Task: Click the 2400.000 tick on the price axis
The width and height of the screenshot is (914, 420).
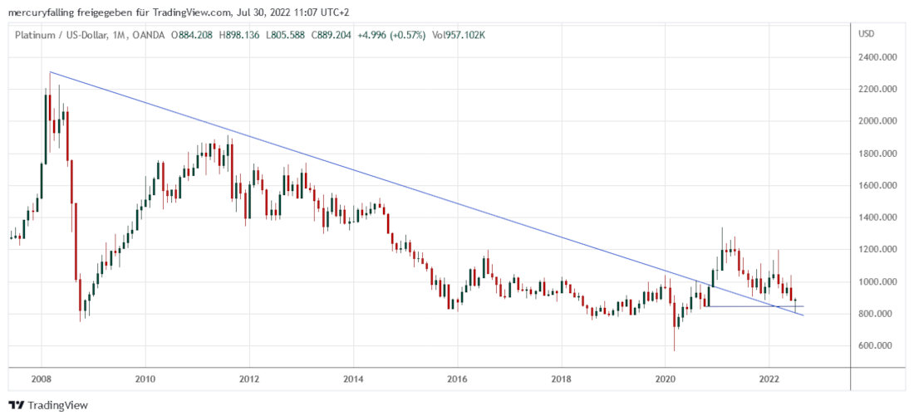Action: (877, 57)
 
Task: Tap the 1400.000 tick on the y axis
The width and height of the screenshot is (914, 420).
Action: (877, 217)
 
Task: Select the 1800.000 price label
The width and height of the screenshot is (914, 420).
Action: (877, 154)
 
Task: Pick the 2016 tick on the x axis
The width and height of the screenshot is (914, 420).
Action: (457, 378)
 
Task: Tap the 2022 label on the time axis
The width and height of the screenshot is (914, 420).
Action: (769, 378)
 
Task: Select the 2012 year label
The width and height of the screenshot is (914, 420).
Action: (249, 378)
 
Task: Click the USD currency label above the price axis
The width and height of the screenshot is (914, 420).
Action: (866, 34)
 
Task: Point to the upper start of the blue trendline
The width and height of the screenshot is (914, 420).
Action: (50, 72)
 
